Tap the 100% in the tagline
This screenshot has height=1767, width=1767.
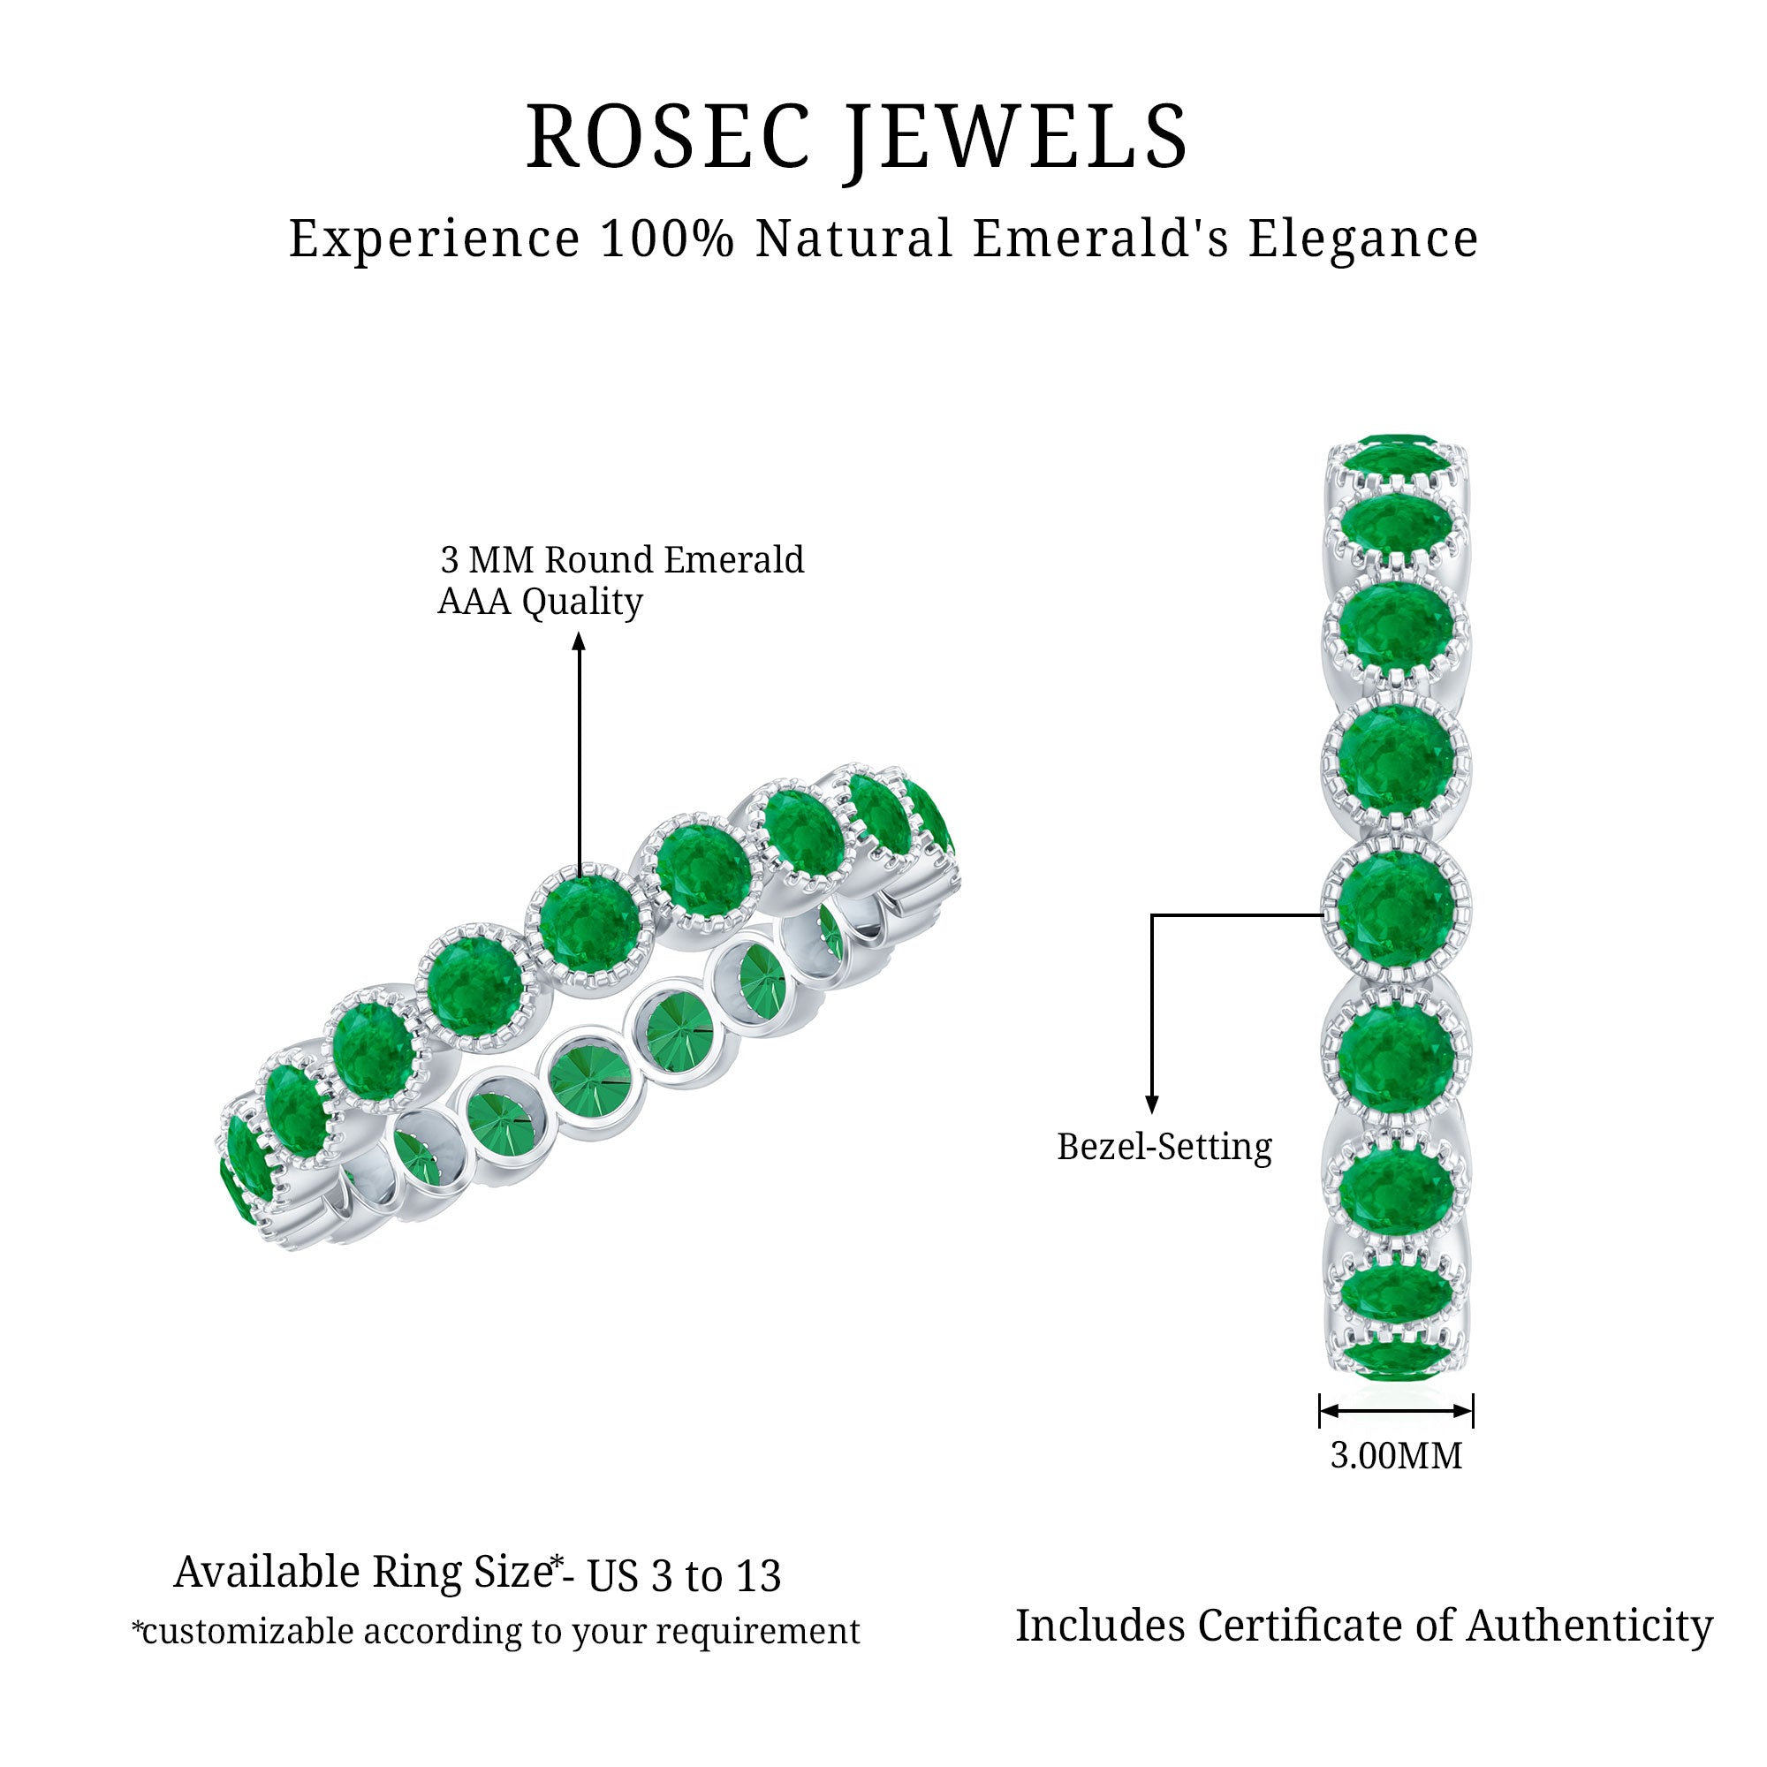point(668,239)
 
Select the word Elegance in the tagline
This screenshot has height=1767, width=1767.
point(1362,239)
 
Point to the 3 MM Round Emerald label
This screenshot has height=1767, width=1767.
point(622,560)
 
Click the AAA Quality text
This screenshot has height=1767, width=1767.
point(540,602)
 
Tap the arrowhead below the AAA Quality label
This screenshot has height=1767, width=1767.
point(579,642)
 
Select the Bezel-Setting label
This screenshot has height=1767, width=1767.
point(1164,1147)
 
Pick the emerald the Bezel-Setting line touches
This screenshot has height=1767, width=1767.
point(1396,906)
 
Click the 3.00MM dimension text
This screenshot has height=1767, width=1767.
point(1396,1455)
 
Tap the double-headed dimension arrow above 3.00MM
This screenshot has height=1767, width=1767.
point(1396,1411)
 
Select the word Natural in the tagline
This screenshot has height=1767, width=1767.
point(854,239)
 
